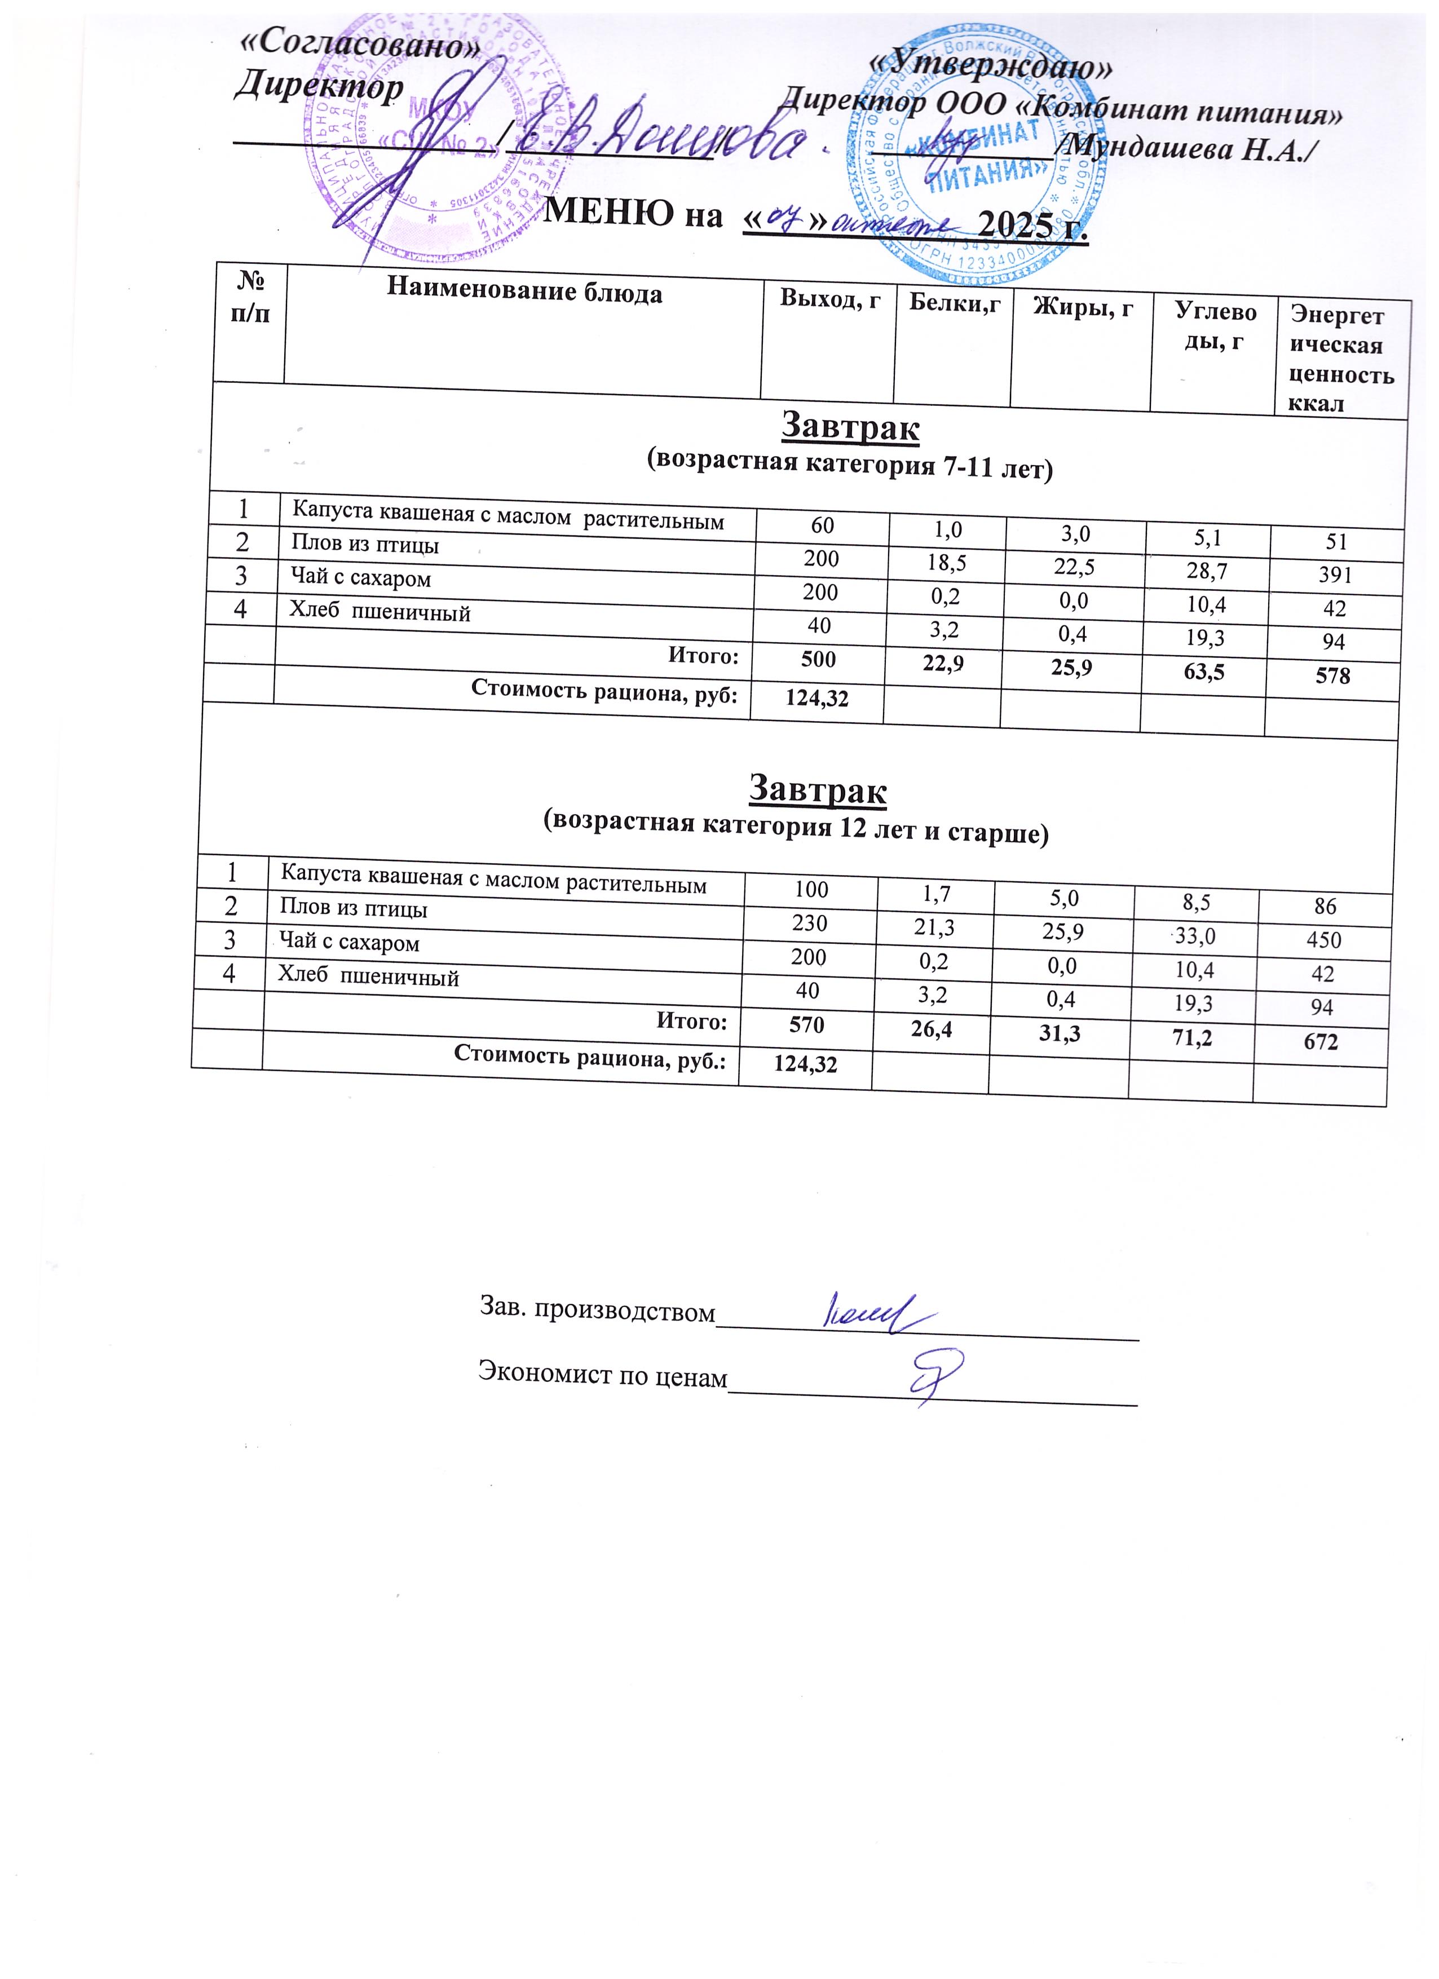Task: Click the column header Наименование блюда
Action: point(524,290)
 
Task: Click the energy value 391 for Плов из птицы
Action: point(1335,575)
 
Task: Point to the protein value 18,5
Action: point(946,561)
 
